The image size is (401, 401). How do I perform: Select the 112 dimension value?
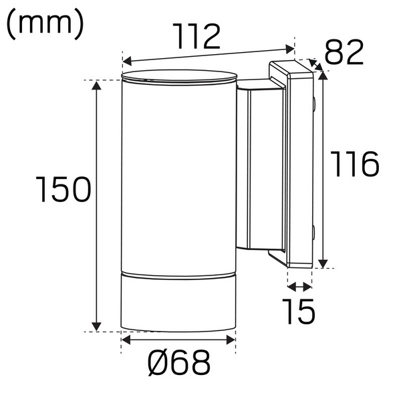[196, 36]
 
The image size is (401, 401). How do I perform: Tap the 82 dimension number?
[344, 52]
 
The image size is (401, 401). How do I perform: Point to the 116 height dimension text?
[355, 164]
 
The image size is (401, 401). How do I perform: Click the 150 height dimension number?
[63, 189]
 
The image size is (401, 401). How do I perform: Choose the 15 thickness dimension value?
[299, 311]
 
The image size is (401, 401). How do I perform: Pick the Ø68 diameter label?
[179, 363]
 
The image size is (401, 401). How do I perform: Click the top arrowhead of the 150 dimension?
[96, 85]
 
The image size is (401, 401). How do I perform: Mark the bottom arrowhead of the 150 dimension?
[96, 327]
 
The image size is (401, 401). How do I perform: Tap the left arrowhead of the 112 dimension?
[127, 61]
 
